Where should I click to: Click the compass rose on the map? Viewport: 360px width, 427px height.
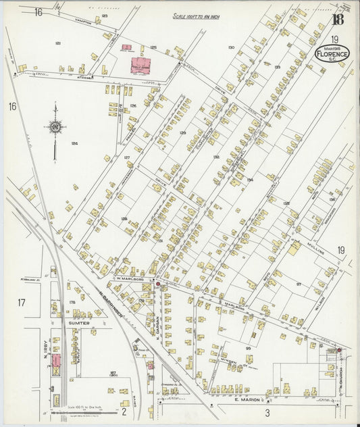click(x=55, y=126)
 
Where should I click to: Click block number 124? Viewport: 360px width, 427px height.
click(x=74, y=143)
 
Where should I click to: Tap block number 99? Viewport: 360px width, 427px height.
click(x=248, y=347)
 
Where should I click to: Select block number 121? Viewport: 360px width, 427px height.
click(x=58, y=43)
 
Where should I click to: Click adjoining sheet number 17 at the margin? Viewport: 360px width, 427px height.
click(x=21, y=303)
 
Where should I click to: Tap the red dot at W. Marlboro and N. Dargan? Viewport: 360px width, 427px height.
click(x=157, y=284)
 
